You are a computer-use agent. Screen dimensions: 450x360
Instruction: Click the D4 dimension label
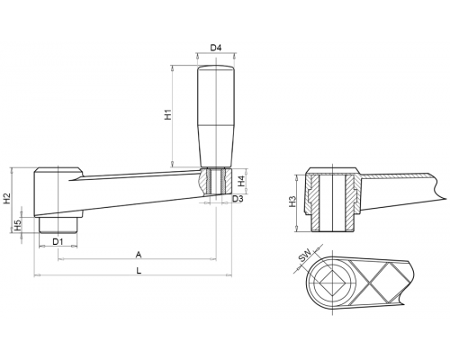click(x=215, y=48)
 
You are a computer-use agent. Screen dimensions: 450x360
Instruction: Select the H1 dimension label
click(x=168, y=114)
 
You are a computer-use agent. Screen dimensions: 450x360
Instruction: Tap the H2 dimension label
click(x=7, y=199)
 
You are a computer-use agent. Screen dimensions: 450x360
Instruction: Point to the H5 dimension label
click(x=18, y=225)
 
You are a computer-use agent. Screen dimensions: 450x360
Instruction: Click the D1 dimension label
click(x=58, y=241)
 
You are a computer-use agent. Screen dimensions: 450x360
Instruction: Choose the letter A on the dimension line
click(x=139, y=255)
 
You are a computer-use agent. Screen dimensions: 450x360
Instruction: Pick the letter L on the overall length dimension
click(x=139, y=271)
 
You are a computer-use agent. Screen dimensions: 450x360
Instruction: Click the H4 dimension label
click(x=242, y=181)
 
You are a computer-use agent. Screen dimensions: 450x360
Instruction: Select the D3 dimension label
click(x=238, y=198)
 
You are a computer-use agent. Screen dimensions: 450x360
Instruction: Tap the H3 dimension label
click(x=292, y=202)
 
